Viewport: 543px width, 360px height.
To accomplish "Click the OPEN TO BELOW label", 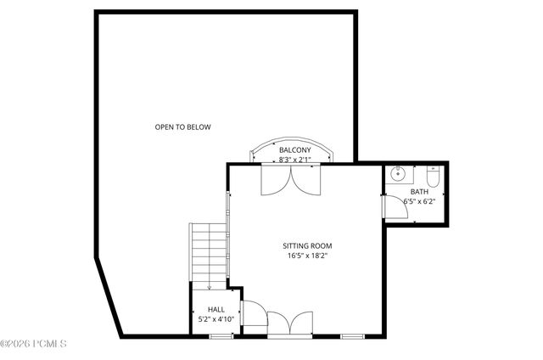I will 182,127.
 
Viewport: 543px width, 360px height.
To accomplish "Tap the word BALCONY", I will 295,150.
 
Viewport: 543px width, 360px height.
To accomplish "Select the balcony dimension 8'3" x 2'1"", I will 295,159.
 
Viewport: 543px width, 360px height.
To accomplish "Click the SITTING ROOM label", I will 306,245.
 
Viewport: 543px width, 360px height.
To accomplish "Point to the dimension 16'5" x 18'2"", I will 306,255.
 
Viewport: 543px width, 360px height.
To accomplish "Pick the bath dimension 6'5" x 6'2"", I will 418,202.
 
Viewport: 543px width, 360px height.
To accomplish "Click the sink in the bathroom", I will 398,176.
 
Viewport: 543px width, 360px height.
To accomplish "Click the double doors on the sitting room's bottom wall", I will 283,323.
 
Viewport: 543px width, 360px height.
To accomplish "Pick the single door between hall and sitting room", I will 252,313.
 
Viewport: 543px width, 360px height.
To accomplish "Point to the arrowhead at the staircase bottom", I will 210,288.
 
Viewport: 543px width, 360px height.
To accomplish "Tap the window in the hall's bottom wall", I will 221,337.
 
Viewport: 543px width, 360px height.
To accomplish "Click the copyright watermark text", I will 34,343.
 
